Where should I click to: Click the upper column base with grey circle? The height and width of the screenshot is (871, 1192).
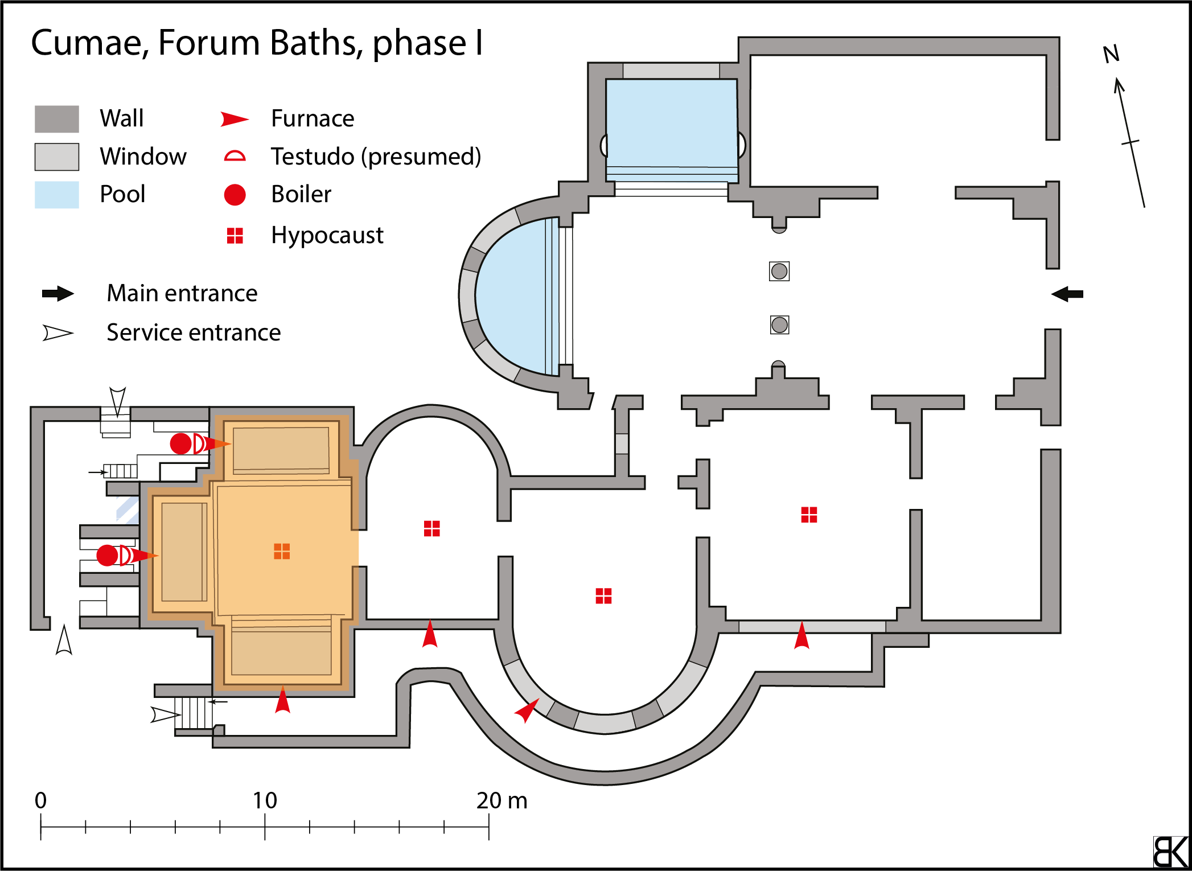click(779, 271)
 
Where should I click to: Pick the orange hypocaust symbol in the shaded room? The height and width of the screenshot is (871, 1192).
click(282, 551)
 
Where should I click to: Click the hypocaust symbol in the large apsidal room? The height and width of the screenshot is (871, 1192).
click(603, 595)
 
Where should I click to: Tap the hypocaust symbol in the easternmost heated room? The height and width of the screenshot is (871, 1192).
click(809, 515)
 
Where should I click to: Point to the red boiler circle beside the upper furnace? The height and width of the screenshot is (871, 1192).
click(181, 443)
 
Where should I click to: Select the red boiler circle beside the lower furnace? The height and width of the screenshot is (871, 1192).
click(107, 555)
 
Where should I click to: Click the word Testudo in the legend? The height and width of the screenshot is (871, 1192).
click(312, 157)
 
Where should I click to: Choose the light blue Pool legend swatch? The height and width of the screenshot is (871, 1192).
click(56, 195)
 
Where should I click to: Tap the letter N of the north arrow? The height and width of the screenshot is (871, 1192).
click(1111, 54)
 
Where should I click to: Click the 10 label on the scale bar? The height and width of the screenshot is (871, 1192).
click(265, 800)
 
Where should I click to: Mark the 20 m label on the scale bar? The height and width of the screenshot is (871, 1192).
click(501, 800)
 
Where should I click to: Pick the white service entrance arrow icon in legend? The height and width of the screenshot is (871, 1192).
click(57, 333)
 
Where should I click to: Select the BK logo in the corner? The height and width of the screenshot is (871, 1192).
click(1170, 852)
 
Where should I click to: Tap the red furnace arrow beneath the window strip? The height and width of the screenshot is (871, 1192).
click(801, 636)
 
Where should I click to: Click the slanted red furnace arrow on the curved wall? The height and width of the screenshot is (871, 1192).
click(527, 710)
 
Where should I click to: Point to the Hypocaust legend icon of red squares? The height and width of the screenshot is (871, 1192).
click(235, 235)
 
